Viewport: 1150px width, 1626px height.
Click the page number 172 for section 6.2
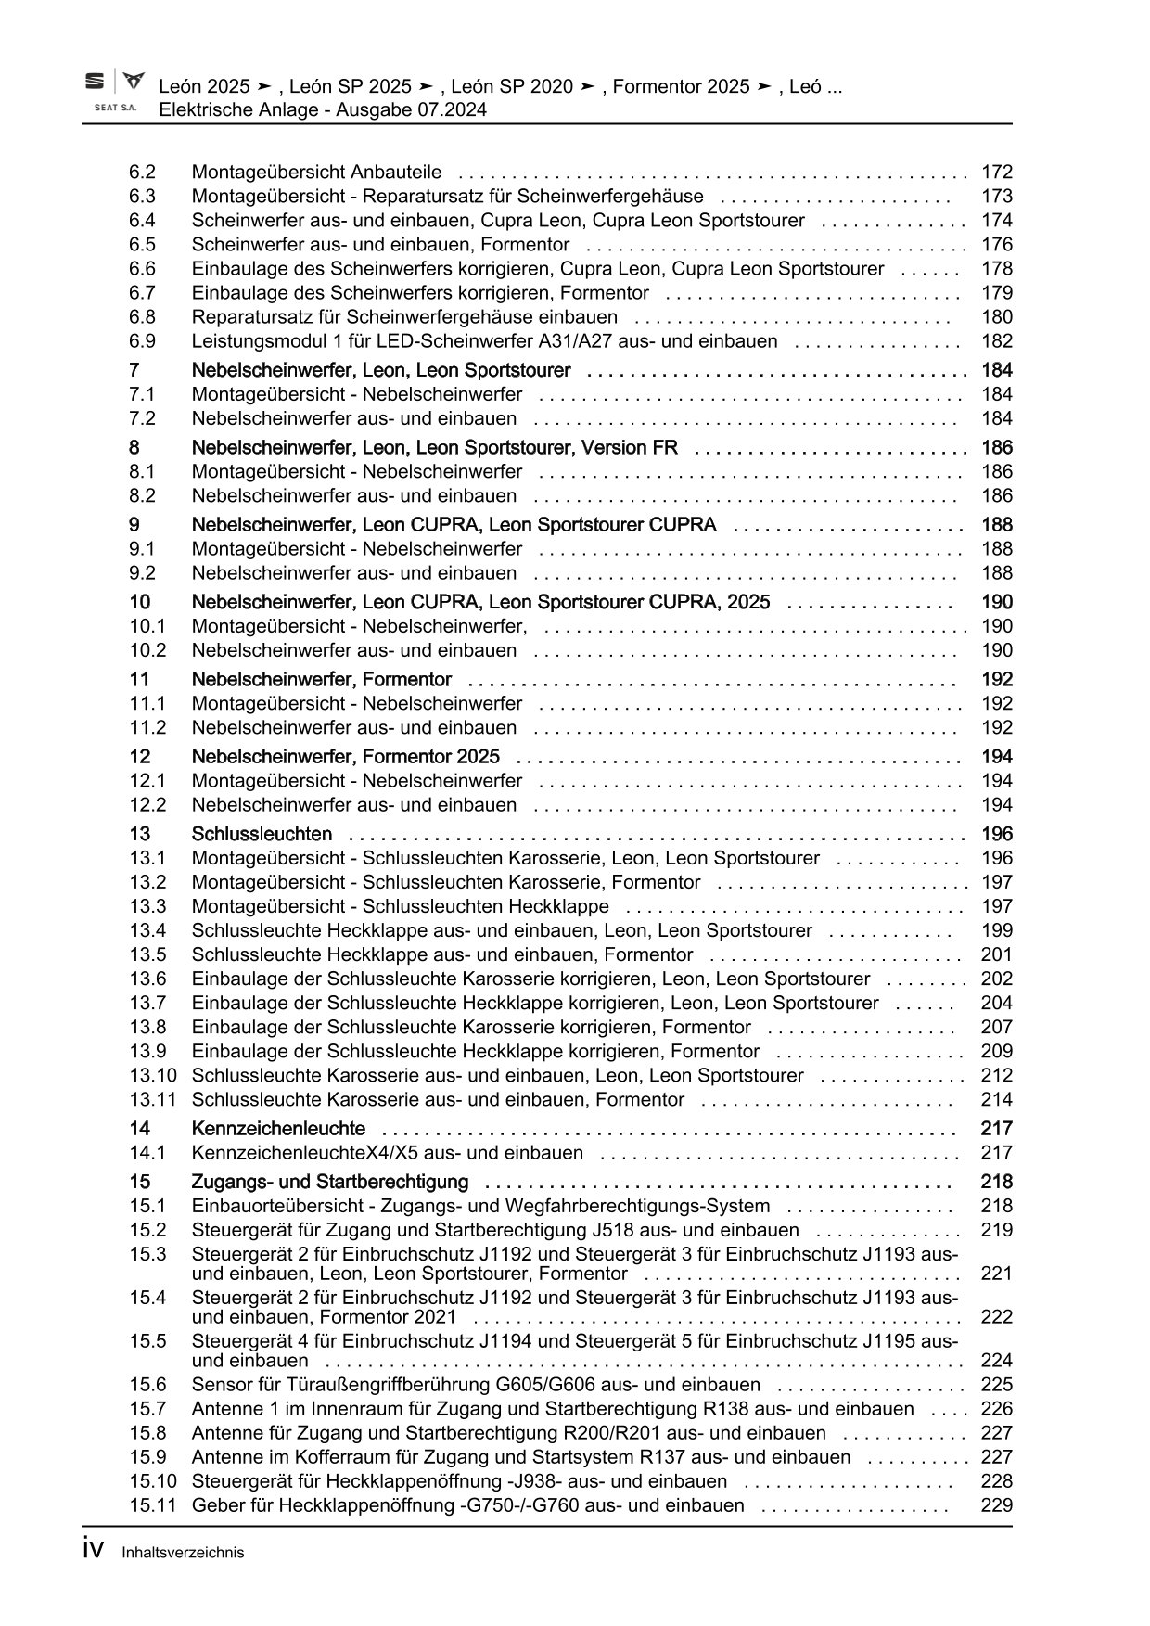click(996, 172)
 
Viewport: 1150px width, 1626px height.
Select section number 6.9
click(142, 340)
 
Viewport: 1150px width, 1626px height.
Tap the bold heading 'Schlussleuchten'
click(262, 834)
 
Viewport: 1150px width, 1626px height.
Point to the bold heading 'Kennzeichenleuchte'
click(278, 1129)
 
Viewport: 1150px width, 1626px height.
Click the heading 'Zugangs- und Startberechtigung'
click(329, 1182)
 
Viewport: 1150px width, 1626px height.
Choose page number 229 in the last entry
click(996, 1505)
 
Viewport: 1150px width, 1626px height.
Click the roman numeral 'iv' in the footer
click(93, 1550)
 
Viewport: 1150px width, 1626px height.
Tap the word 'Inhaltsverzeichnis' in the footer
click(183, 1553)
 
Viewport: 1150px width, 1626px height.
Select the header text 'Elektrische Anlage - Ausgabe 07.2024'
click(323, 109)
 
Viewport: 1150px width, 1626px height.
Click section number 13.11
click(152, 1099)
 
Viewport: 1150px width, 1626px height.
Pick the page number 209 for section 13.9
click(996, 1051)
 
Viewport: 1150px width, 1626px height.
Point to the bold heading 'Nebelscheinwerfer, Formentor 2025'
click(345, 756)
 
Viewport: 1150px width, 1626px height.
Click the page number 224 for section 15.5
click(996, 1361)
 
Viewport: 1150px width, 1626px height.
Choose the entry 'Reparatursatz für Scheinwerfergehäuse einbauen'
click(404, 316)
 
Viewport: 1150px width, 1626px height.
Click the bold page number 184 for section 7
click(996, 370)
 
